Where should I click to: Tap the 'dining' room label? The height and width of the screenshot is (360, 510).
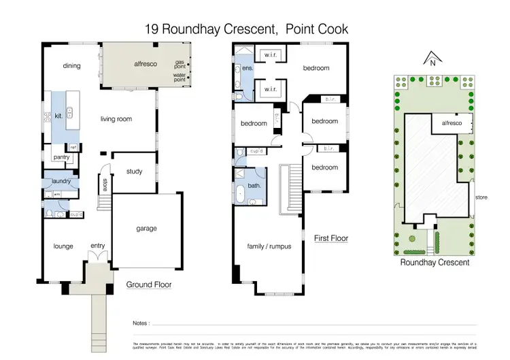coord(71,66)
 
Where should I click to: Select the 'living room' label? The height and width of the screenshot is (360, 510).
coord(116,119)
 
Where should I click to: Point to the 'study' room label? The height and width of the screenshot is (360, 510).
coord(134,171)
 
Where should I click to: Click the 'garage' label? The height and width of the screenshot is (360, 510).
coord(146,229)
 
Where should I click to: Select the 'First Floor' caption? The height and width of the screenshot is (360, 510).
coord(331,238)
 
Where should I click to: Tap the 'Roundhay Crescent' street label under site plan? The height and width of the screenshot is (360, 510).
coord(435,261)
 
